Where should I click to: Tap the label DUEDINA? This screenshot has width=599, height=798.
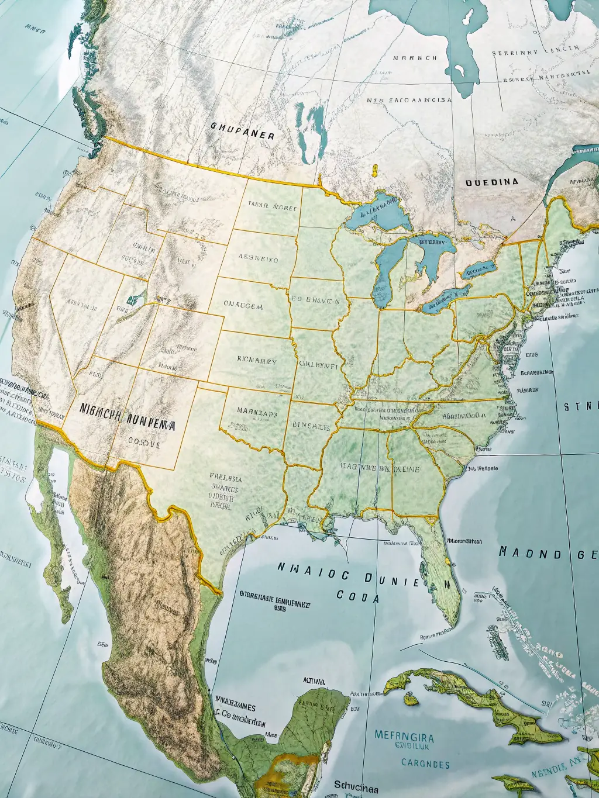491,182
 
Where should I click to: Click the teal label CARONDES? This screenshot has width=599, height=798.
425,764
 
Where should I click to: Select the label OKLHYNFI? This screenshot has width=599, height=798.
318,363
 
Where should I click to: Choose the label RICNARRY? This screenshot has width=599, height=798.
257,361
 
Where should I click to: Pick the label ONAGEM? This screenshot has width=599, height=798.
243,306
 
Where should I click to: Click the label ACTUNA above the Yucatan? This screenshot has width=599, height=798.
314,681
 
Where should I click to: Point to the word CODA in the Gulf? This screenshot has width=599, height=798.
357,597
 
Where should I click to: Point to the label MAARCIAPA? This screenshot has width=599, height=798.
257,411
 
